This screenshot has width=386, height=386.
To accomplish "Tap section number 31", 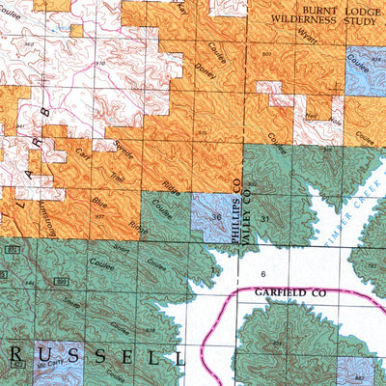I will coord(264,221).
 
